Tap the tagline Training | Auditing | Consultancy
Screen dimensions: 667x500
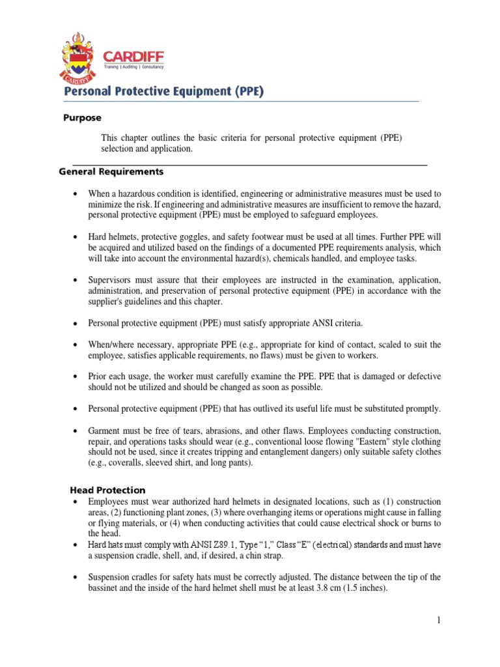[x=134, y=66]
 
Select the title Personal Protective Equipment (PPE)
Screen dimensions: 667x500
[x=163, y=92]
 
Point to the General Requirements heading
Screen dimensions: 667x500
[x=111, y=172]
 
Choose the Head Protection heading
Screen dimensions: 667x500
[x=107, y=489]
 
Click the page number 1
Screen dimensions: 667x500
[x=439, y=620]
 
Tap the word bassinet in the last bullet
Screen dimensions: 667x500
[x=106, y=588]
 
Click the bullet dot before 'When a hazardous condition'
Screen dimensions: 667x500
[x=76, y=194]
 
